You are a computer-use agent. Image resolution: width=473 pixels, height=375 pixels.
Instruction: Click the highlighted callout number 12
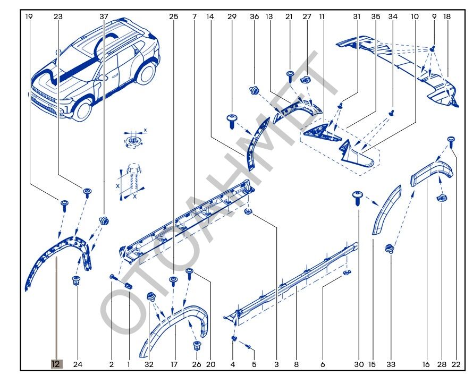coord(56,364)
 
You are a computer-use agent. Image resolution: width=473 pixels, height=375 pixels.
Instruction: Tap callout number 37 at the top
coord(104,16)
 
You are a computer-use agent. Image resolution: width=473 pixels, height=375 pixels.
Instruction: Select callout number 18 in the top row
coord(446,16)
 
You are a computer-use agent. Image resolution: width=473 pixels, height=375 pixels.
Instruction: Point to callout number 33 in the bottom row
coord(391,364)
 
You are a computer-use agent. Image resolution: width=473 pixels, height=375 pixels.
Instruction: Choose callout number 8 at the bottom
coord(296,364)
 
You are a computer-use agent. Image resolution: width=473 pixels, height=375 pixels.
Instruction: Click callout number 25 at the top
coord(173,16)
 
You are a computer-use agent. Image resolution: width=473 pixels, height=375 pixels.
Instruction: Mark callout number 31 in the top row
coord(357,16)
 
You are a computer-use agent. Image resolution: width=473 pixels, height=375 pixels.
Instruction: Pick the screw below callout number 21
coord(290,75)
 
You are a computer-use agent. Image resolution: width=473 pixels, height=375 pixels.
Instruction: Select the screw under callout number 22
coord(451,141)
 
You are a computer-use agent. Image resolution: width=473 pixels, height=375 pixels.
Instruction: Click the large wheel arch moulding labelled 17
coord(173,324)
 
